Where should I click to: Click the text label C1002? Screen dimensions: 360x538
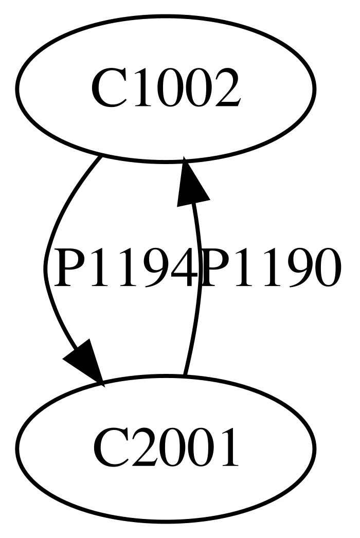click(165, 89)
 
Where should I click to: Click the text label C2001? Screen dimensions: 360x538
click(165, 447)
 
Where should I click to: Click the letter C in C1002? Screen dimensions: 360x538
click(106, 89)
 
